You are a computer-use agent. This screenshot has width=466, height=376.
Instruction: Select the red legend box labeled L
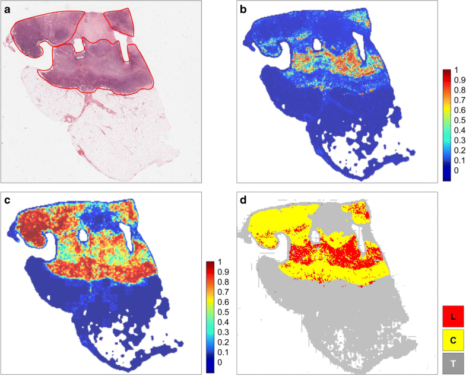(453, 317)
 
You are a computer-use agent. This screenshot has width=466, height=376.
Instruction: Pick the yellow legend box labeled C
(453, 340)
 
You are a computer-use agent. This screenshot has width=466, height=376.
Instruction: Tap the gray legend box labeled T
(453, 363)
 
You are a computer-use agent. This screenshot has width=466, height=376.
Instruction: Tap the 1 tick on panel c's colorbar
(220, 262)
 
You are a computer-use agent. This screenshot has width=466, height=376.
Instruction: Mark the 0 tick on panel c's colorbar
(220, 361)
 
